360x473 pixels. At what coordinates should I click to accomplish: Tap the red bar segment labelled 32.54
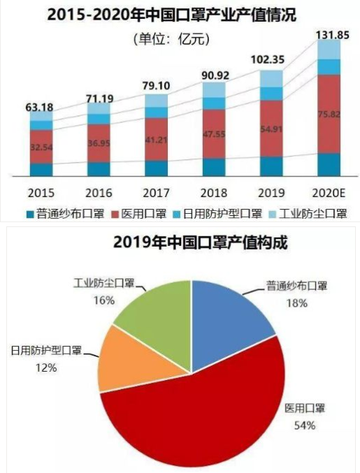coord(41,147)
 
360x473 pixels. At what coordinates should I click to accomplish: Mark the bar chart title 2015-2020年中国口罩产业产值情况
coord(180,14)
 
